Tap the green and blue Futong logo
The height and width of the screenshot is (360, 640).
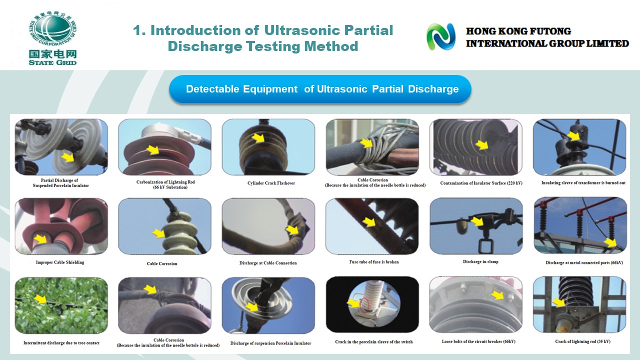441,36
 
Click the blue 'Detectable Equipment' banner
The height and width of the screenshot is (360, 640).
320,89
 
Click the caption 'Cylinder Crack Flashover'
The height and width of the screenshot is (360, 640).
271,183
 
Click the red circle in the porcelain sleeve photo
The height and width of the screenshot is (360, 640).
364,304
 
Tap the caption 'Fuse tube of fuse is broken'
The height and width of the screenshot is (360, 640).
373,261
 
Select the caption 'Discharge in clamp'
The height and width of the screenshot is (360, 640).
480,261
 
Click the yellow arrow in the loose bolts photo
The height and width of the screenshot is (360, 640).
497,295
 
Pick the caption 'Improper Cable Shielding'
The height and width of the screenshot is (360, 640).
60,262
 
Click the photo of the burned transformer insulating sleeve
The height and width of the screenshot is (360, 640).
579,147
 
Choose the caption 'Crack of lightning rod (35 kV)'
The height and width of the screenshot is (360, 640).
582,341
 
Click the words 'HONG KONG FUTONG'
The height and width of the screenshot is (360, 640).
518,31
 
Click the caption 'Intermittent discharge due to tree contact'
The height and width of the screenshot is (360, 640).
61,343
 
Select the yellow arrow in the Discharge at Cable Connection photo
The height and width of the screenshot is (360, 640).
292,229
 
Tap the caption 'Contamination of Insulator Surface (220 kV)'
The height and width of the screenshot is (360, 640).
481,183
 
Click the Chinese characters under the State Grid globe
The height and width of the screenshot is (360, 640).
53,54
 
